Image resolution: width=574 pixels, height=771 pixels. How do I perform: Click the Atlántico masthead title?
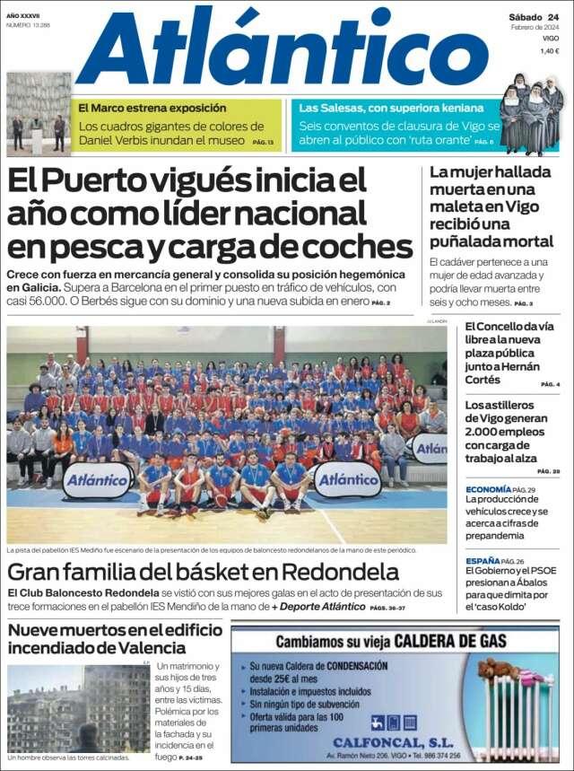pos(289,49)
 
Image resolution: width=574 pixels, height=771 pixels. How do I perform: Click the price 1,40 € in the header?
pos(550,51)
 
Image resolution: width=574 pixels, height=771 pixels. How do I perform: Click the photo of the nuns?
pos(531,115)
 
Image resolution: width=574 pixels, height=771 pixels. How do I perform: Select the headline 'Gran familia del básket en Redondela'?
pos(203,572)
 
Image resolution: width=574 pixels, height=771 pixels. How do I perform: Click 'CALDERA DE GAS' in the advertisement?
pos(446,642)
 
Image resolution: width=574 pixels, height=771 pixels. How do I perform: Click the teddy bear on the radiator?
pos(500,670)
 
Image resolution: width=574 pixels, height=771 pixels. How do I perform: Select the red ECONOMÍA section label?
pos(488,489)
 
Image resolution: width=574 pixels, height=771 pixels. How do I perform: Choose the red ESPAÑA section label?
pos(483,561)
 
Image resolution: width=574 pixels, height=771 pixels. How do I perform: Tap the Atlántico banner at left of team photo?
pos(96,479)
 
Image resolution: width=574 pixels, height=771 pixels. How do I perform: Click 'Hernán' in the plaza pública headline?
pos(519,365)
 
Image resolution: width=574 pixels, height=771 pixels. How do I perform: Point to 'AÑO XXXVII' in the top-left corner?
pos(25,15)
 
